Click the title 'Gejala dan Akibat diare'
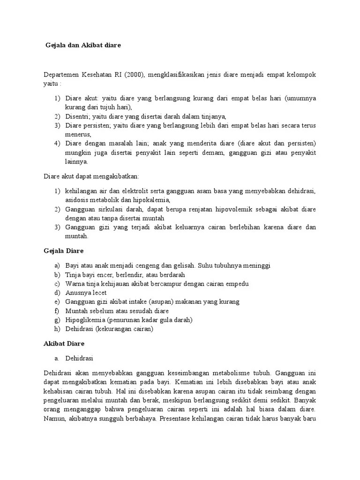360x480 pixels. click(x=83, y=45)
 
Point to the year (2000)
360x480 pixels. click(x=136, y=75)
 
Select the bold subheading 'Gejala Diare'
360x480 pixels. click(x=63, y=251)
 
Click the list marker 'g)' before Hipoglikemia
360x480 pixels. click(x=57, y=320)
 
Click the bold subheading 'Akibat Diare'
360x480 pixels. click(x=64, y=344)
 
